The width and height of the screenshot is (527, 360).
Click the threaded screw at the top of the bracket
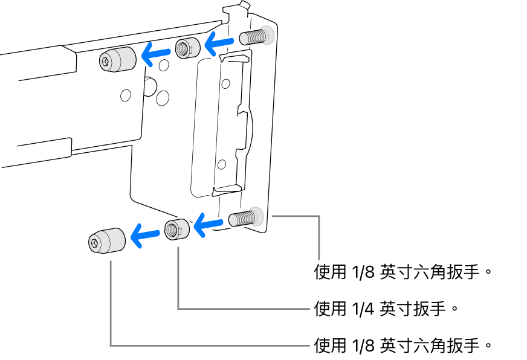(x=254, y=37)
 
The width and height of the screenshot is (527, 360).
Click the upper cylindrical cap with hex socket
(x=116, y=59)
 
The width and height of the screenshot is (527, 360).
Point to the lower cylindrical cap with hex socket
(x=107, y=240)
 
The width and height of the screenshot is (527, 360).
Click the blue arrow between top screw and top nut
(x=219, y=42)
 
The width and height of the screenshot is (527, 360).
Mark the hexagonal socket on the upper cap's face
(x=107, y=61)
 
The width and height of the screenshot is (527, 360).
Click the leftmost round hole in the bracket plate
(x=126, y=95)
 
